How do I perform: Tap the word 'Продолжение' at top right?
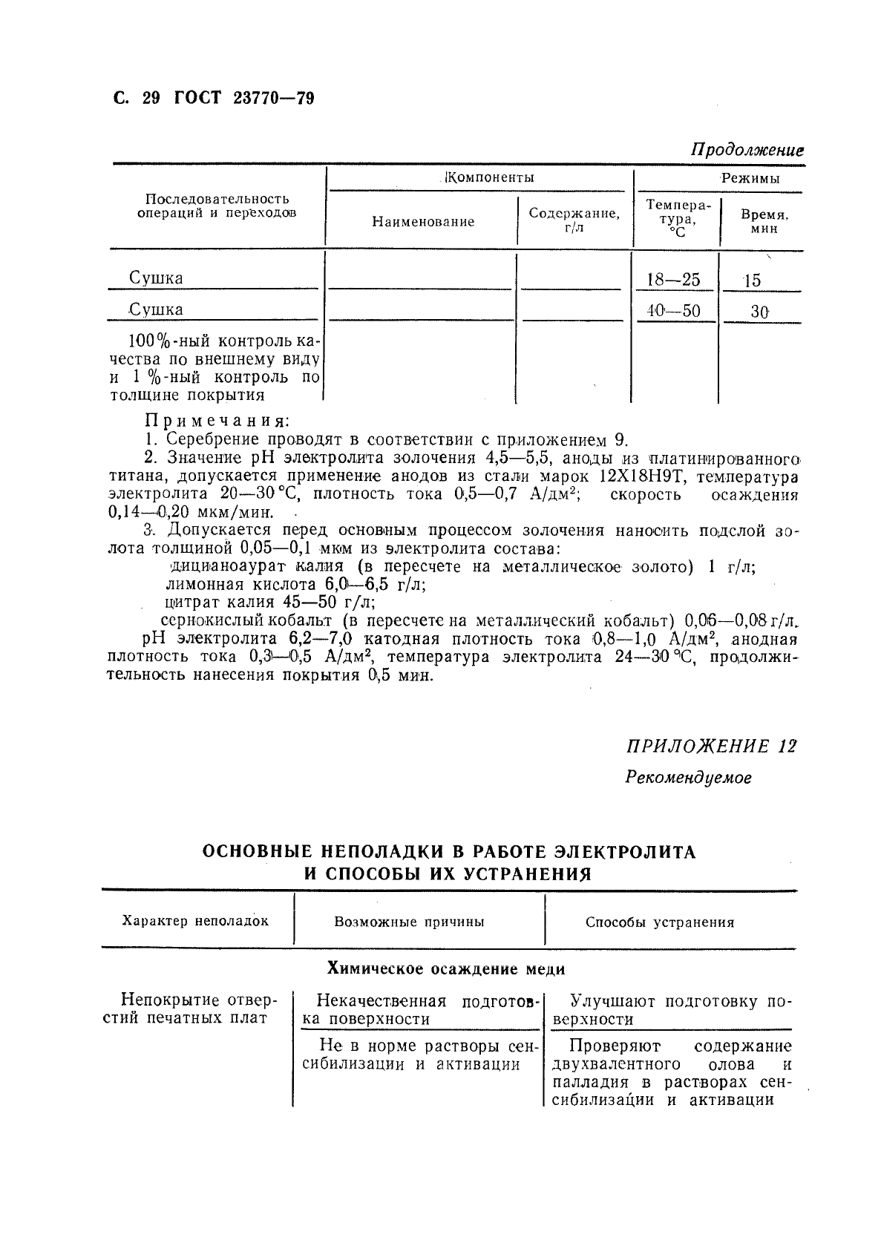click(x=747, y=149)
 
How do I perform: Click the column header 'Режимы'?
click(x=751, y=178)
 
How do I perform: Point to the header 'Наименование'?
click(x=423, y=221)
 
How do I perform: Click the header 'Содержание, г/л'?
click(x=574, y=220)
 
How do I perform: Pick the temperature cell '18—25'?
click(x=672, y=280)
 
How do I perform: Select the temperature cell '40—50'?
click(x=672, y=311)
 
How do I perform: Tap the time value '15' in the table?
click(x=752, y=281)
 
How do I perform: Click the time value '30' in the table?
click(x=759, y=312)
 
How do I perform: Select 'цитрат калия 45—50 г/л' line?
click(x=269, y=602)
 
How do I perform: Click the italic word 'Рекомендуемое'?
click(x=688, y=778)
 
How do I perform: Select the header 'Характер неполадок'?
click(x=195, y=921)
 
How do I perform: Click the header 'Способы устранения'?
click(x=660, y=922)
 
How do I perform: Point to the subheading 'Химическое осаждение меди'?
click(x=446, y=968)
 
